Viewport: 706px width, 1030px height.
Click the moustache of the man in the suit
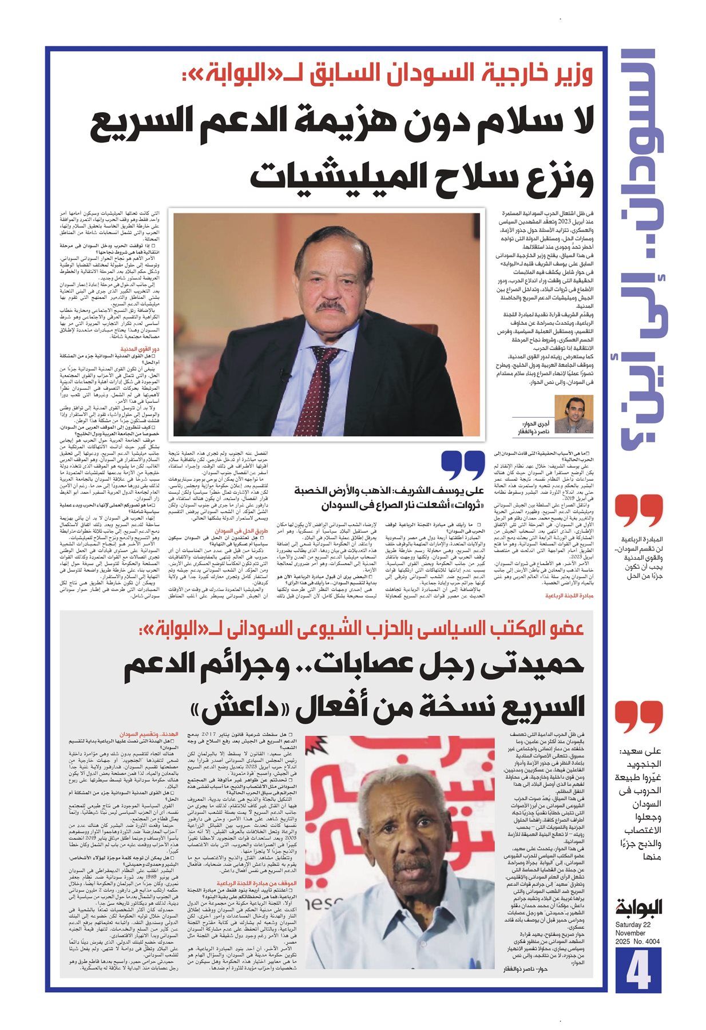(x=331, y=306)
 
